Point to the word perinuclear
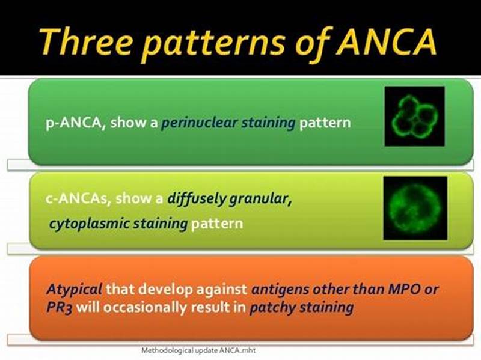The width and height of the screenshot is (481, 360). [x=200, y=123]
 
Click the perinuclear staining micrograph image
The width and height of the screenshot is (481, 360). [x=414, y=116]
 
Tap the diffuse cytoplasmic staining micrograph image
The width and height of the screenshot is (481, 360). [x=415, y=208]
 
